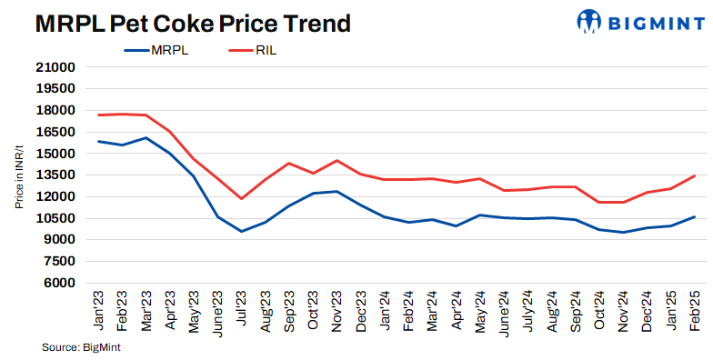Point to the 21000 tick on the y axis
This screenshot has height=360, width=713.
click(x=56, y=67)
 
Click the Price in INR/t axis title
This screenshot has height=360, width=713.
click(x=19, y=175)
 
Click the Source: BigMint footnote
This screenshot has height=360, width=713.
click(x=82, y=347)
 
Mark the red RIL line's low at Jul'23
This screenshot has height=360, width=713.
click(x=242, y=198)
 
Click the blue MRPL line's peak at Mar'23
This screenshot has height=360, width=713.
click(x=146, y=138)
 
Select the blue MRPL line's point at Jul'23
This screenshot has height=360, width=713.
click(x=242, y=231)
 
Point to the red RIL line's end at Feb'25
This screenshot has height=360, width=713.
click(x=695, y=175)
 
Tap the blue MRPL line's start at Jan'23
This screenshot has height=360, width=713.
click(x=98, y=141)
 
